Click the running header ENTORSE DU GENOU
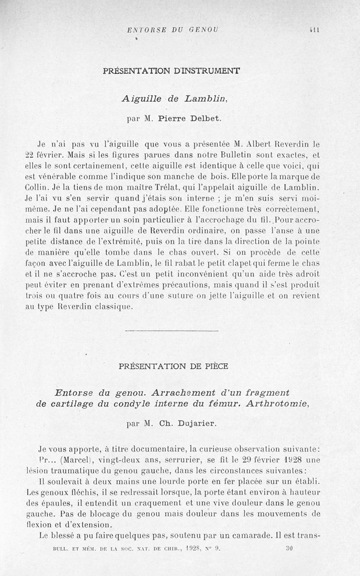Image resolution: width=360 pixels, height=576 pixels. (x=172, y=30)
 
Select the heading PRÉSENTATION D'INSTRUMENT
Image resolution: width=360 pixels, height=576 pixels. (x=171, y=71)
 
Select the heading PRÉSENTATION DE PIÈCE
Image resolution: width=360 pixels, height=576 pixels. (x=173, y=366)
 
